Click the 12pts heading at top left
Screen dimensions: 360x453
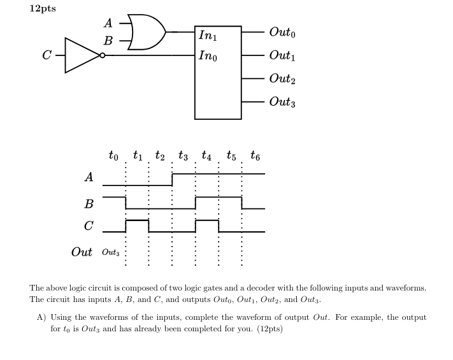coord(43,9)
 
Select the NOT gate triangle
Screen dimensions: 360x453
coord(80,55)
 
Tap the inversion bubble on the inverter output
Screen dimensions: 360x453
coord(102,55)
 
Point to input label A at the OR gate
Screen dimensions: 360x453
coord(108,24)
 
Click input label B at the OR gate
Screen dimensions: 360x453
coord(108,40)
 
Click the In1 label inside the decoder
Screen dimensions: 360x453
coord(207,36)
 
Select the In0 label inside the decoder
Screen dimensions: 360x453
coord(207,55)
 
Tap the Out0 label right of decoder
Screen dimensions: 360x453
coord(282,32)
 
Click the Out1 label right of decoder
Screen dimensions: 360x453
coord(282,55)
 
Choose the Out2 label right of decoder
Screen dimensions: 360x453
coord(282,78)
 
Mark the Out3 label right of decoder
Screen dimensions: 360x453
coord(282,102)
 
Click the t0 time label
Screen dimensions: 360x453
coord(113,155)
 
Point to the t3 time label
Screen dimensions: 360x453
coord(183,155)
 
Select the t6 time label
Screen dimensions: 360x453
coord(255,155)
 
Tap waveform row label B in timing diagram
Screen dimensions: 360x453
coord(89,204)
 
